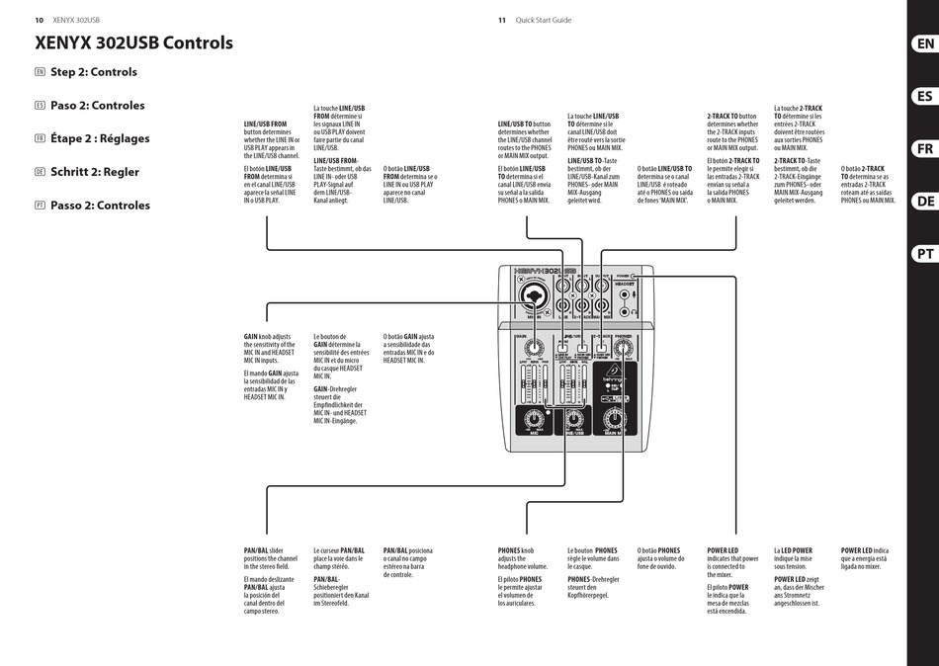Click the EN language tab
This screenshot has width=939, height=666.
[x=923, y=44]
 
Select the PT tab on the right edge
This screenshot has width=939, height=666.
[x=923, y=254]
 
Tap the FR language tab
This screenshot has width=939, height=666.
[x=923, y=149]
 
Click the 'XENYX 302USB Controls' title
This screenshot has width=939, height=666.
[x=133, y=42]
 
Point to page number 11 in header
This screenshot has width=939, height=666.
[x=501, y=20]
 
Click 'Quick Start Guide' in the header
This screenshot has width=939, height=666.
[x=544, y=20]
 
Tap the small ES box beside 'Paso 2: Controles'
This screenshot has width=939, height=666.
[x=40, y=106]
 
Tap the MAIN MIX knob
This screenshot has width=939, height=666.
[x=614, y=415]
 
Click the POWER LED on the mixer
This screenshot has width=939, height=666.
[x=636, y=277]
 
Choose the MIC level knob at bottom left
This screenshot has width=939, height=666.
[x=534, y=415]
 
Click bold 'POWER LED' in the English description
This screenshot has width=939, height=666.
[x=723, y=550]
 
